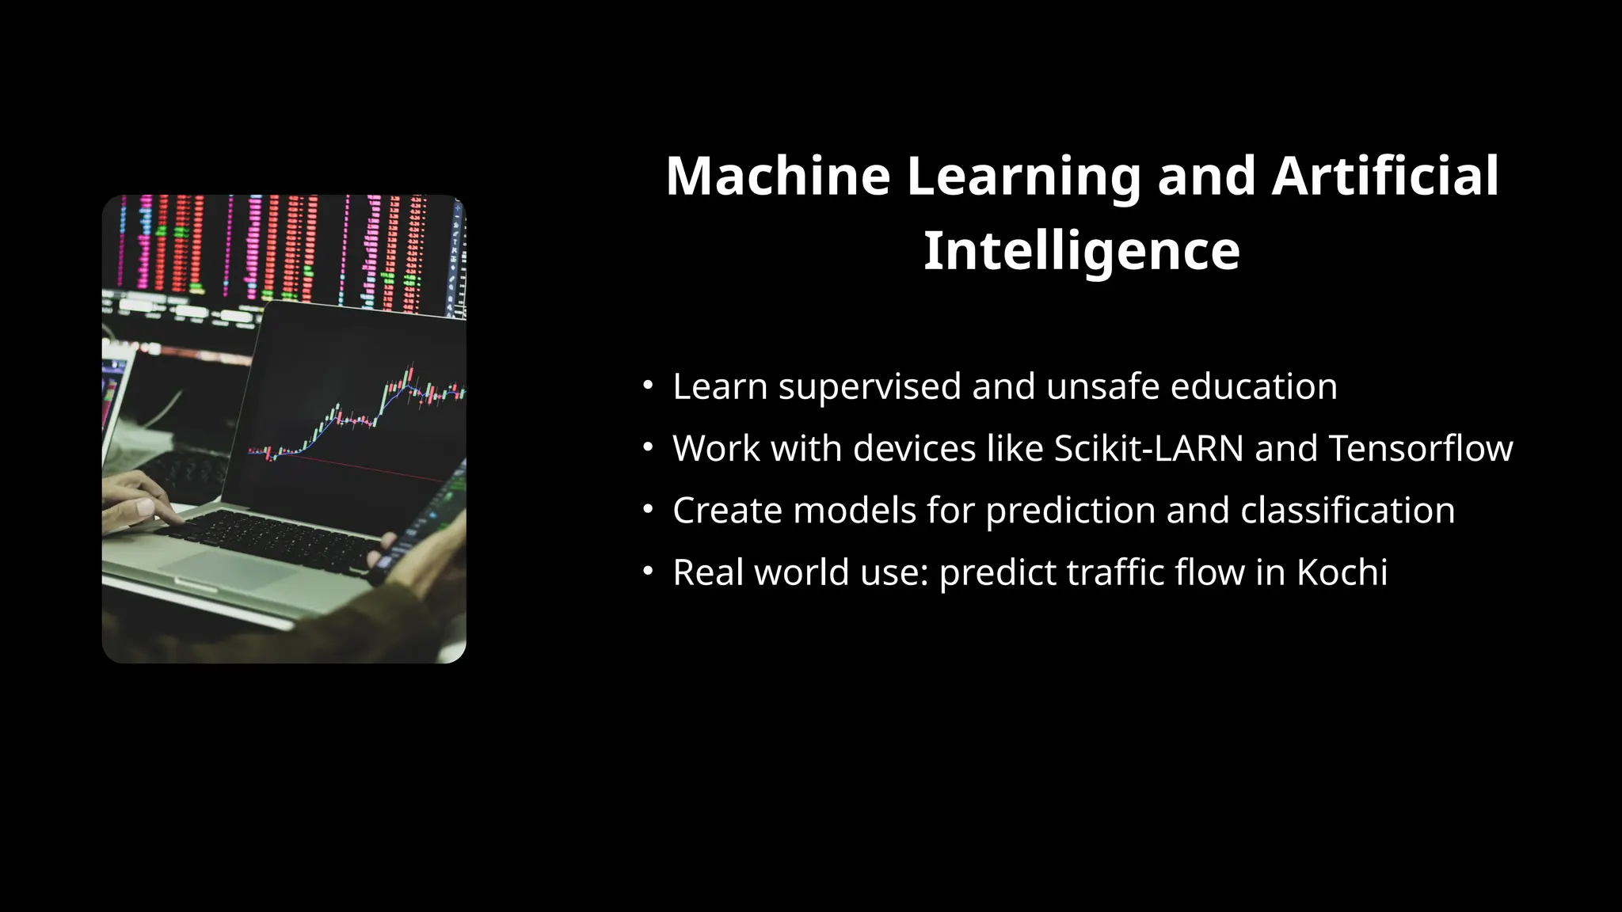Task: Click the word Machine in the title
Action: coord(778,176)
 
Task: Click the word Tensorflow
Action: coord(1420,448)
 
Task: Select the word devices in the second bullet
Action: coord(914,448)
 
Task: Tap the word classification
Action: coord(1347,511)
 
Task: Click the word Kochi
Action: coord(1342,572)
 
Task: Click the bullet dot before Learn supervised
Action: coord(648,386)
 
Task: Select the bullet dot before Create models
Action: coord(648,509)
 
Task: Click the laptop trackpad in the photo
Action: coord(230,567)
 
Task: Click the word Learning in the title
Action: coord(1023,176)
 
